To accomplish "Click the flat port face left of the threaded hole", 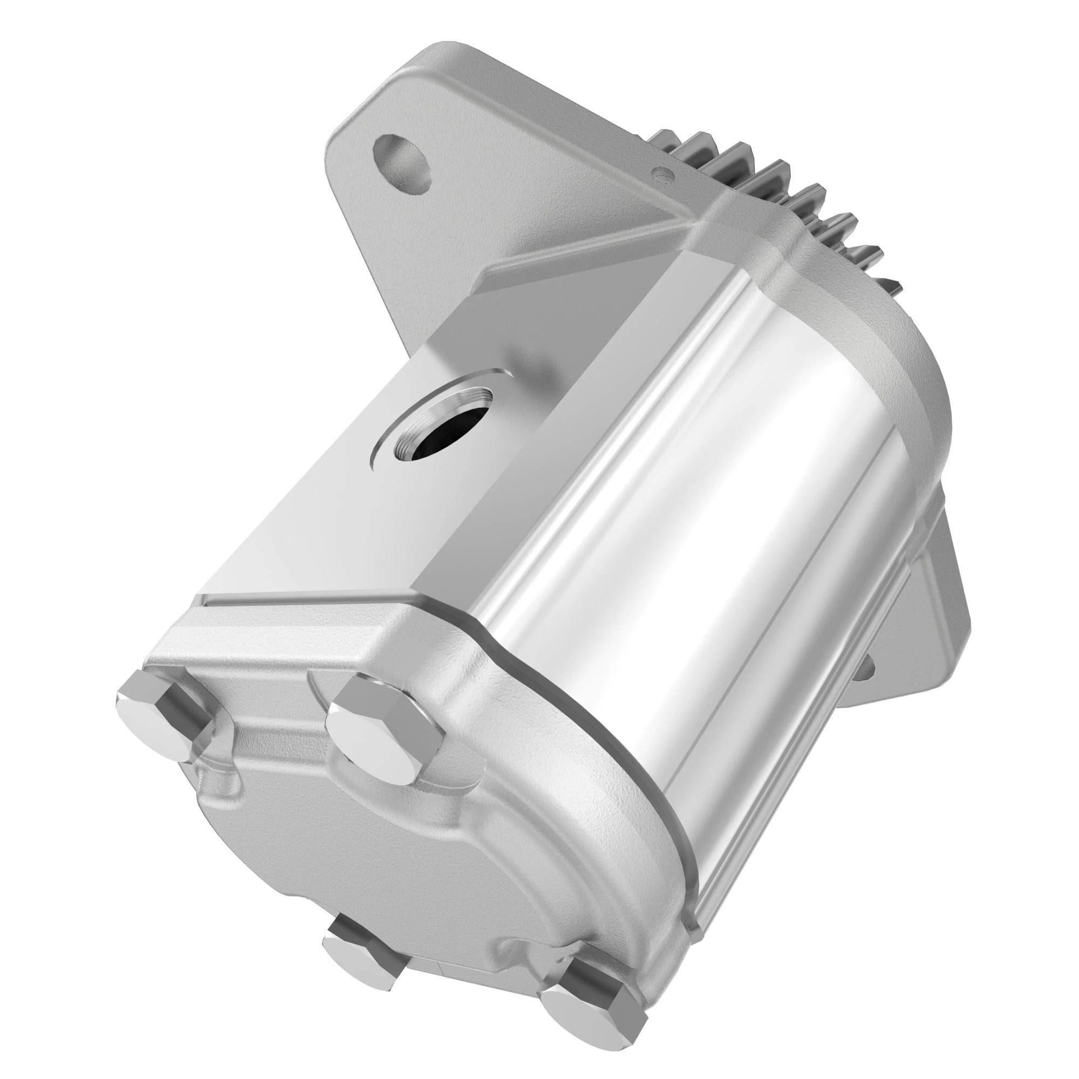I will tap(313, 503).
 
